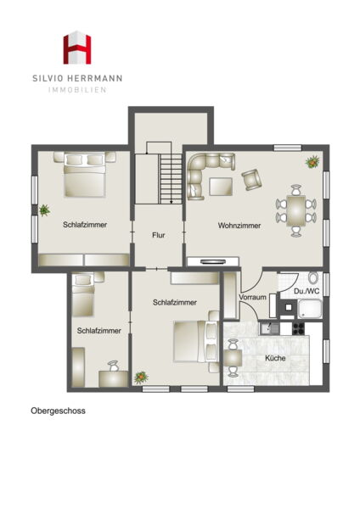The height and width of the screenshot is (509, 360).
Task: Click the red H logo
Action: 77,48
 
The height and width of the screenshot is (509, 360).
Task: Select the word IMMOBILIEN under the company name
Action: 77,90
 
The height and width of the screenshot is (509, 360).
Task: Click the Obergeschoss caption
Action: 58,411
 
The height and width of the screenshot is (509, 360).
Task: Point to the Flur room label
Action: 159,235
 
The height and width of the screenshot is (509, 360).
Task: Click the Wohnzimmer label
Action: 239,226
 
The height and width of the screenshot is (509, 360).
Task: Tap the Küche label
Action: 275,358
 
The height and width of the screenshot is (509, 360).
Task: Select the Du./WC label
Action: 307,291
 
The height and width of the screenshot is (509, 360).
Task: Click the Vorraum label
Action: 252,297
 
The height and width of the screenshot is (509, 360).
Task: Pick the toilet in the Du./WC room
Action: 313,277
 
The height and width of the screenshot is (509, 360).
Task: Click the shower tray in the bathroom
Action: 310,309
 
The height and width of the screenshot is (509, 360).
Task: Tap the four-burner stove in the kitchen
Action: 298,328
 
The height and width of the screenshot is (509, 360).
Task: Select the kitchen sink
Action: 269,328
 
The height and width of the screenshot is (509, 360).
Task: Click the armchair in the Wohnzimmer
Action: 251,180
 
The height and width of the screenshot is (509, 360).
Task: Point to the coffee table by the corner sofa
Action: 221,187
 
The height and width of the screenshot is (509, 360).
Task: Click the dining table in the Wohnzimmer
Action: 295,210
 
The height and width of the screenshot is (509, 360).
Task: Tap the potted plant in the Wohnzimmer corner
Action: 312,162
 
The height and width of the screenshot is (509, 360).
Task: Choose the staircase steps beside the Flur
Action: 171,179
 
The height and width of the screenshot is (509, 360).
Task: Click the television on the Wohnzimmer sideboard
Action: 213,261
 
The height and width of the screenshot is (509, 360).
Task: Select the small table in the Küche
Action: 233,358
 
